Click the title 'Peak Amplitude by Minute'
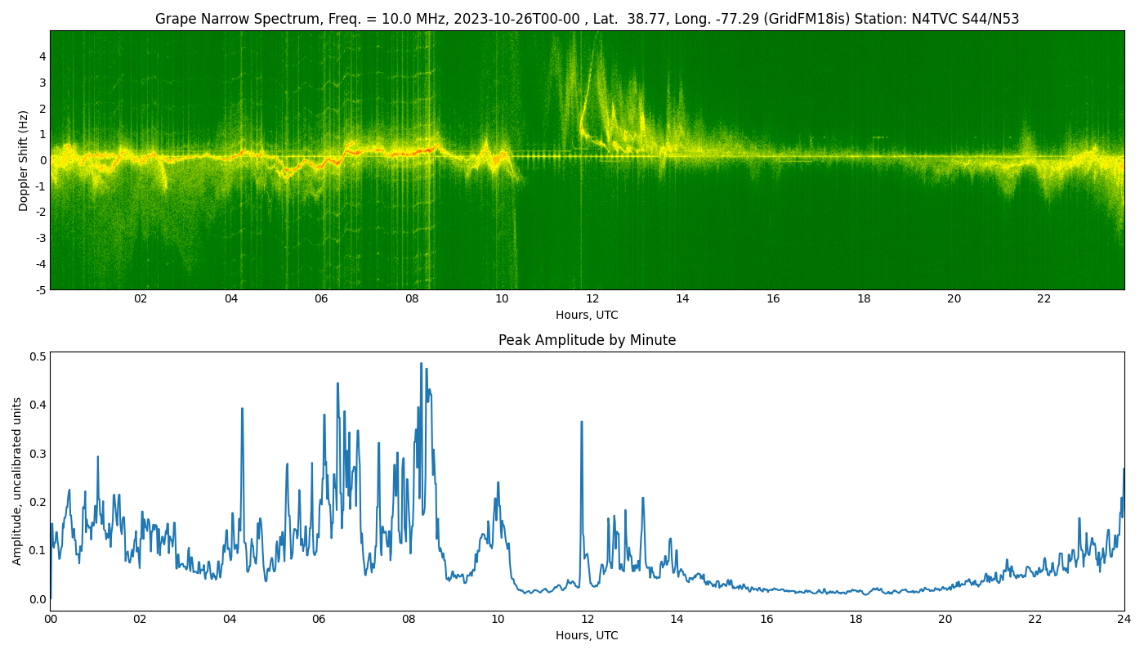(x=587, y=341)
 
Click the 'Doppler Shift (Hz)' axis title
(x=24, y=160)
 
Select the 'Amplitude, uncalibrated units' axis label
(x=17, y=481)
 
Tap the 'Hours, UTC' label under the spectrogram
(x=587, y=316)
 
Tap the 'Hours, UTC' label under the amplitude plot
(x=587, y=636)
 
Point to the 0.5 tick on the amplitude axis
(x=38, y=356)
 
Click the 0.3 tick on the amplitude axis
(x=38, y=454)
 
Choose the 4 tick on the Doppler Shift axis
(x=41, y=56)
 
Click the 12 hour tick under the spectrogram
(x=592, y=299)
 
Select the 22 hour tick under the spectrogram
(x=1044, y=299)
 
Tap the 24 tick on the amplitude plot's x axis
(x=1124, y=620)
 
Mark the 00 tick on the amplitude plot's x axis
(x=51, y=620)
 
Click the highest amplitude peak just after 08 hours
(x=422, y=364)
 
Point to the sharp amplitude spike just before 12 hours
(x=582, y=422)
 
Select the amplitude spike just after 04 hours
(x=242, y=409)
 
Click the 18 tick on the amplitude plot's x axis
(x=856, y=620)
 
